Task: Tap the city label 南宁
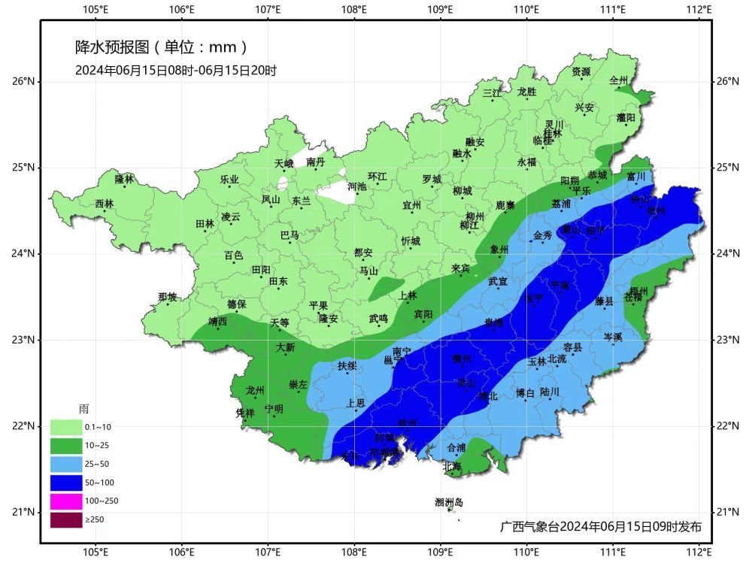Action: [402, 351]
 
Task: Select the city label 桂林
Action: [553, 133]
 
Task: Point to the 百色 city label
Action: [234, 256]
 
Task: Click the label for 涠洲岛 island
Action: [449, 502]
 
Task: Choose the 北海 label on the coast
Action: [452, 466]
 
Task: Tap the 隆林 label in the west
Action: [124, 179]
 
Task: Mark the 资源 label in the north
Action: [581, 72]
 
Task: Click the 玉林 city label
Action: [537, 361]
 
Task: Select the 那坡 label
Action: [167, 297]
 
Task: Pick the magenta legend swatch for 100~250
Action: [66, 501]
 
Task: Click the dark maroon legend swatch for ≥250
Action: [66, 519]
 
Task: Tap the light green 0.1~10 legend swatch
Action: [66, 427]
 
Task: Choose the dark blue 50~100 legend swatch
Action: [66, 482]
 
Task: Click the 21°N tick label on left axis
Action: [23, 513]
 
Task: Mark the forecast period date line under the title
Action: [176, 71]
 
